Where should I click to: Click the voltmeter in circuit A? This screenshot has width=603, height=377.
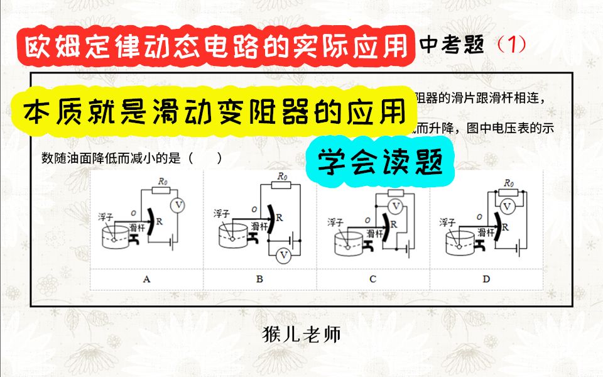tap(178, 205)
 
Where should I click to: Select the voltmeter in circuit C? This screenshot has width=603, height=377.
tap(396, 205)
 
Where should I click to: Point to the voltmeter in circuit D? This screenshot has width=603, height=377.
tap(509, 205)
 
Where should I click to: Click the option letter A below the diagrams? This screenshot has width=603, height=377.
tap(146, 279)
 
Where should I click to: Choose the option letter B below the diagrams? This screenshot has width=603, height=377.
tap(259, 279)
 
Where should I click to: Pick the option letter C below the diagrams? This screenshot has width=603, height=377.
tap(372, 279)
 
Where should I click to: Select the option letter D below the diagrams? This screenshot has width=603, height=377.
tap(486, 279)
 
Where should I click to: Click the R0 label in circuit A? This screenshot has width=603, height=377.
tap(163, 181)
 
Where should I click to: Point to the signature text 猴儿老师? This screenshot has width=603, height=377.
tap(302, 334)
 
